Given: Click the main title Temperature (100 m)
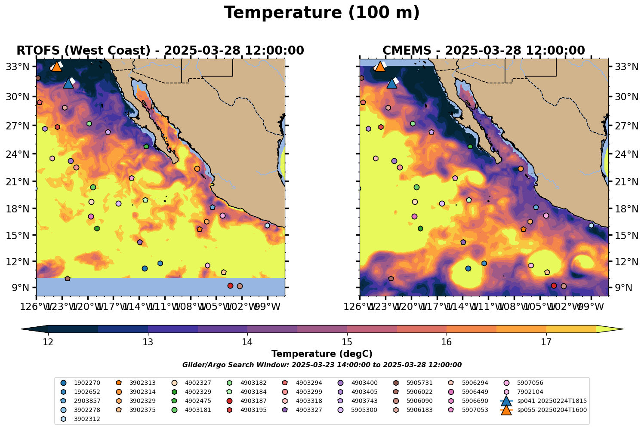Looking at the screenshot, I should click(x=322, y=13).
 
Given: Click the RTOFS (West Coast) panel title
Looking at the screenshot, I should click(x=160, y=51).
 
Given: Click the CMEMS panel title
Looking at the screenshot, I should click(x=484, y=51).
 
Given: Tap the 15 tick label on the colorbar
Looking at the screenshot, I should click(x=347, y=342).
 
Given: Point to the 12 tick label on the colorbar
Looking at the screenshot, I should click(x=48, y=342).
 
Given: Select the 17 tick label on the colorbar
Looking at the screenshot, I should click(x=546, y=342).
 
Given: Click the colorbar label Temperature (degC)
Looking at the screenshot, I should click(x=322, y=354).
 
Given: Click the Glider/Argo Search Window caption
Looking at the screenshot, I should click(x=322, y=365).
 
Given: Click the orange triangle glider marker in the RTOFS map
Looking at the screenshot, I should click(x=57, y=66).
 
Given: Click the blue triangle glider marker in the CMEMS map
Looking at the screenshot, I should click(x=392, y=83).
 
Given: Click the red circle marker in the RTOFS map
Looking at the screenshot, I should click(x=230, y=286).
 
